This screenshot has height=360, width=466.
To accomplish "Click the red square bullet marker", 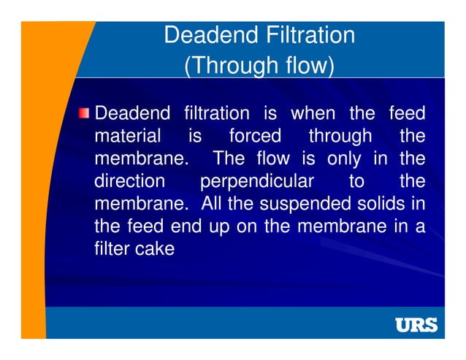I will (86, 113).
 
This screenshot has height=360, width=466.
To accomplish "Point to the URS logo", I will (416, 324).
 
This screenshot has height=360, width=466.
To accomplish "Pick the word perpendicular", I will (257, 180).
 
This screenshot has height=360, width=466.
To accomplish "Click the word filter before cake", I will (112, 248).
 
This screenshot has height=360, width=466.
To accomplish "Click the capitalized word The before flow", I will (228, 158).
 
